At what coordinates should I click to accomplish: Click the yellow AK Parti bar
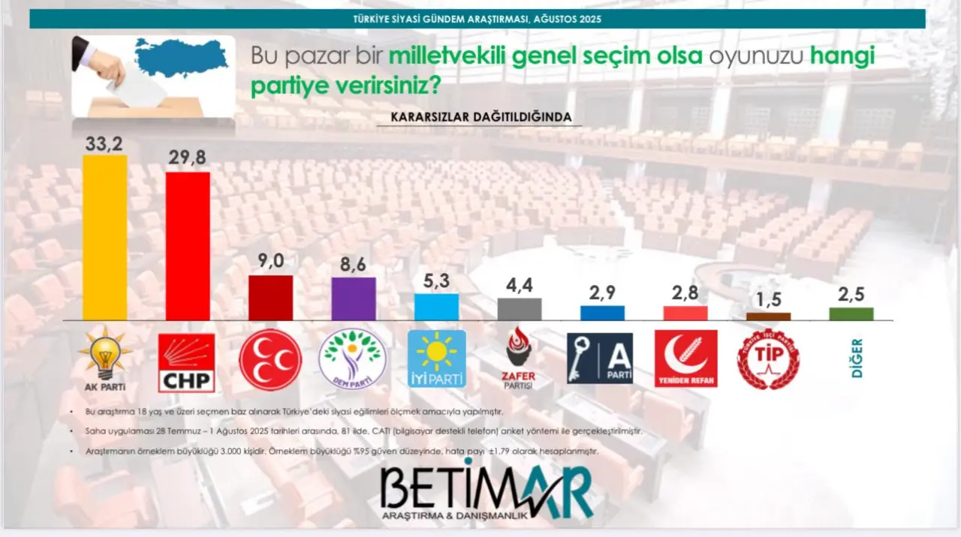[104, 238]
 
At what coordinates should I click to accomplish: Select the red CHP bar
[188, 247]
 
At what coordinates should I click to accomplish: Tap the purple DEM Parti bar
[354, 298]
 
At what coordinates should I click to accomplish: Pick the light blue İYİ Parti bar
[436, 307]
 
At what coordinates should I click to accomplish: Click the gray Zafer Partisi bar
[520, 310]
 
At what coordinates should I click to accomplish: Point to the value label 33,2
[104, 144]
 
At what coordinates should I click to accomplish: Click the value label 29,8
[188, 157]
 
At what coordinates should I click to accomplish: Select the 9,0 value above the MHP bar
[271, 260]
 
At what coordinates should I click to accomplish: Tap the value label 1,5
[768, 299]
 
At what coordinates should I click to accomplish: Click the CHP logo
[186, 362]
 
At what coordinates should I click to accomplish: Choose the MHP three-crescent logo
[270, 359]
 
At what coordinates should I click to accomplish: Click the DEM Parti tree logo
[353, 359]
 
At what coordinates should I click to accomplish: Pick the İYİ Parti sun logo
[437, 358]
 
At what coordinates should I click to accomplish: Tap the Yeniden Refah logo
[686, 358]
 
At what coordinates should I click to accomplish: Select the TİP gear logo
[768, 359]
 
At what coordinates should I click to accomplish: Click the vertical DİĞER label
[857, 358]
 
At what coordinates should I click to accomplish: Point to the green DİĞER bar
[851, 313]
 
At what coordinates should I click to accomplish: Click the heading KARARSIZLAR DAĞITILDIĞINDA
[481, 117]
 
